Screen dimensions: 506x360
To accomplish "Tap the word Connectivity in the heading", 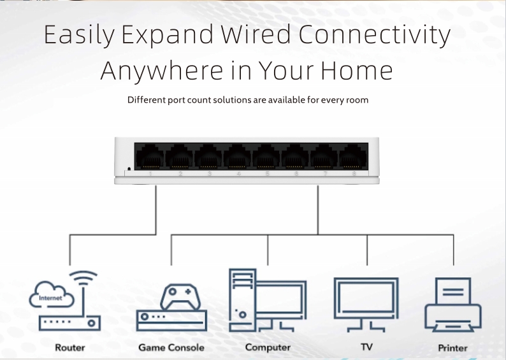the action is click(x=375, y=35).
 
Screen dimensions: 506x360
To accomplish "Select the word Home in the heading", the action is click(x=357, y=70).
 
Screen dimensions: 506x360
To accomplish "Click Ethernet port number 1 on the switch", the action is click(x=150, y=157).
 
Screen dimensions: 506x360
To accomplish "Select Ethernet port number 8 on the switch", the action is click(x=352, y=157).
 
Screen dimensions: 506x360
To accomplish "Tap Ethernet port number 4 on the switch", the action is click(x=237, y=157).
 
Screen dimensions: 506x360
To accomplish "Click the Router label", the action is click(x=70, y=347).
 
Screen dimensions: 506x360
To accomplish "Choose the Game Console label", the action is click(x=171, y=347).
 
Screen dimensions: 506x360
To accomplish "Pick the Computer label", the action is click(x=268, y=347).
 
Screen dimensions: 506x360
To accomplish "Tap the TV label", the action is click(x=366, y=347).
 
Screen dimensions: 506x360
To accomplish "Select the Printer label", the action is click(x=452, y=348).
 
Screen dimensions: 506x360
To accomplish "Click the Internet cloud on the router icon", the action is click(x=52, y=295).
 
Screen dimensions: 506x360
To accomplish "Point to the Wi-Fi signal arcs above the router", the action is click(x=83, y=278).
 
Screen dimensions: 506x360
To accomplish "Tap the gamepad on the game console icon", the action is click(x=180, y=297).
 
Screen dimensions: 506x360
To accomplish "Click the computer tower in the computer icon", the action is click(x=243, y=300).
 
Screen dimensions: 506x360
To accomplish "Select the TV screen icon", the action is click(x=366, y=304).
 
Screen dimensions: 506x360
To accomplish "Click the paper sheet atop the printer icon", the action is click(x=452, y=291).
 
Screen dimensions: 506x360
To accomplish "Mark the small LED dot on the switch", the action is click(x=129, y=169).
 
